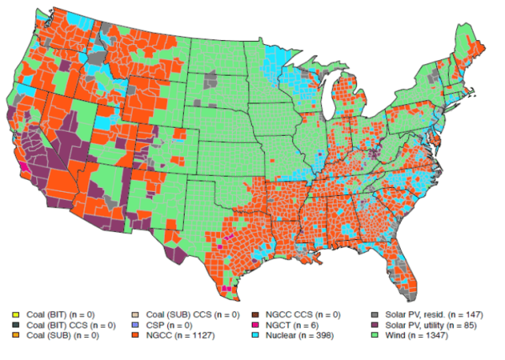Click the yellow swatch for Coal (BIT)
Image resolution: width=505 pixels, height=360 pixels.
pyautogui.click(x=17, y=315)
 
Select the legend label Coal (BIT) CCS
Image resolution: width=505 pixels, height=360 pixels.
pyautogui.click(x=72, y=325)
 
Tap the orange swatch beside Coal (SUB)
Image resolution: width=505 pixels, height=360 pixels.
pyautogui.click(x=17, y=336)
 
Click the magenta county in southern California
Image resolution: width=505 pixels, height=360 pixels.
pyautogui.click(x=24, y=167)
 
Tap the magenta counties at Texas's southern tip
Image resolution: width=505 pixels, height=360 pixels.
pyautogui.click(x=227, y=289)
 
